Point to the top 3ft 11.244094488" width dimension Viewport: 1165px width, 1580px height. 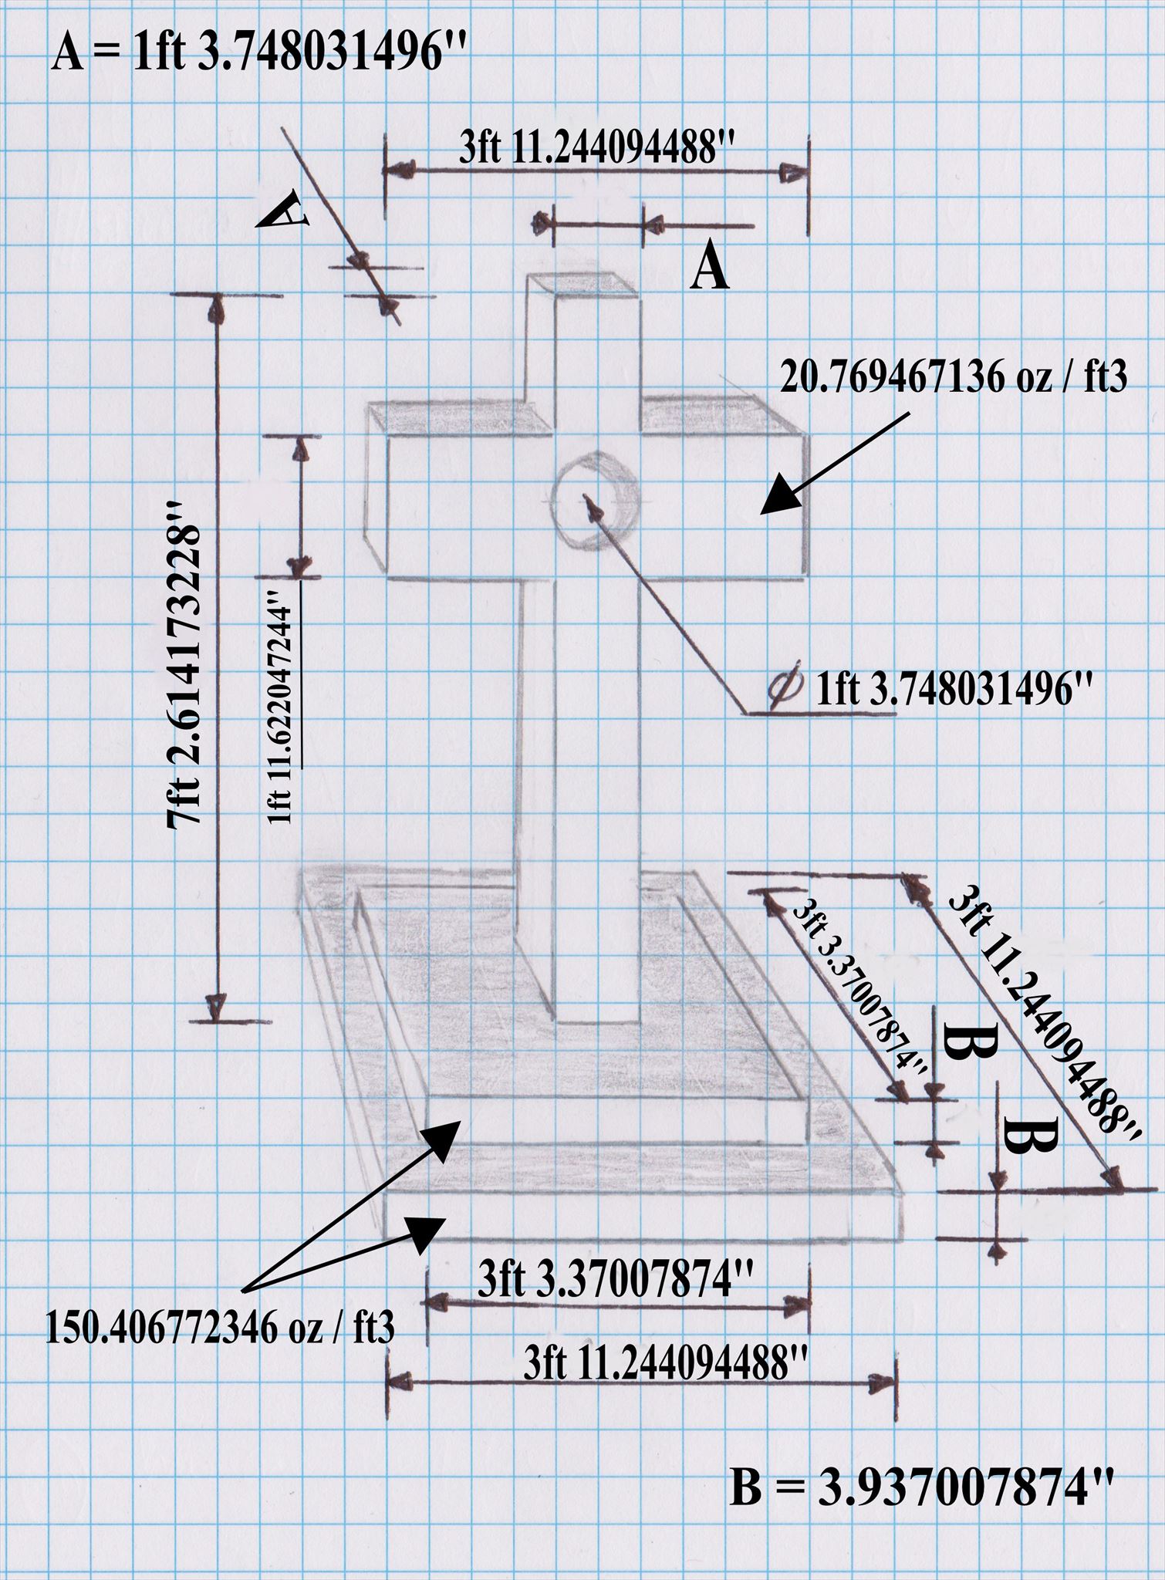(595, 148)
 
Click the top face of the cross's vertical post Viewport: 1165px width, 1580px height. (582, 285)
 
